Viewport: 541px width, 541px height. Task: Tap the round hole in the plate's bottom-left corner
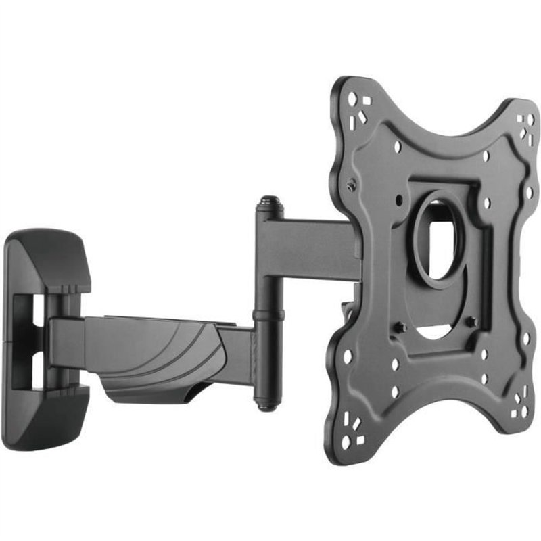(x=346, y=443)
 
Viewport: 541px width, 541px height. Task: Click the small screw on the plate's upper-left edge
(x=350, y=185)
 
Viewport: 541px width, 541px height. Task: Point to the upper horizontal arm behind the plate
(x=311, y=243)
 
